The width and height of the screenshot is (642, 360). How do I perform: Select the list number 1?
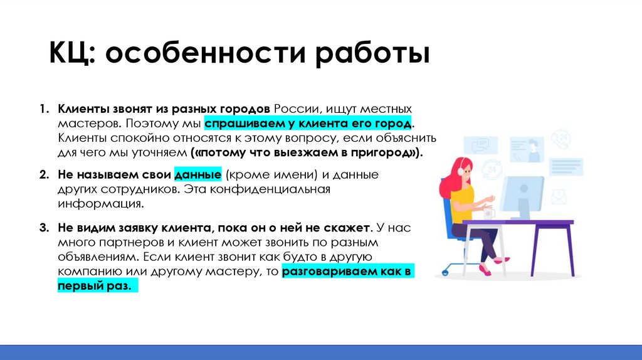[44, 109]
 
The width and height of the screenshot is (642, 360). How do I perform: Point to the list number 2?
[44, 175]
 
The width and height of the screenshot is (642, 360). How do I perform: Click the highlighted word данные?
[198, 175]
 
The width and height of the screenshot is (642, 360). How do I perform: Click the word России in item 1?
[294, 109]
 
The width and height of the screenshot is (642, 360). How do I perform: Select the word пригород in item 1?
[386, 152]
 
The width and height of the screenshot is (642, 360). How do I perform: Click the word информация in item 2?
[97, 204]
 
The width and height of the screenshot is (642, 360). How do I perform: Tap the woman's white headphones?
[462, 169]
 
